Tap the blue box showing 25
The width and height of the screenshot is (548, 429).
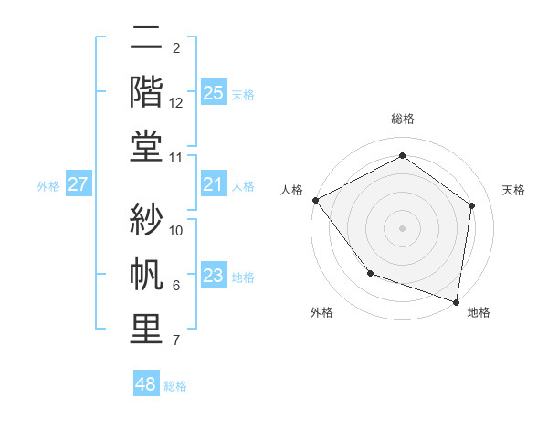click(213, 92)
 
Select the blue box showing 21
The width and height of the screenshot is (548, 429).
click(213, 185)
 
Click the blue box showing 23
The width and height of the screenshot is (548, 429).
click(213, 277)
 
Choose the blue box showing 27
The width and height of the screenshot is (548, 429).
click(78, 185)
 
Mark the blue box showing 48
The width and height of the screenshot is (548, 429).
click(145, 384)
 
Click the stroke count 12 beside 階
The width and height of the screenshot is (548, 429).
click(176, 103)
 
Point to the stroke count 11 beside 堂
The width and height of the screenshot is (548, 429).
click(176, 158)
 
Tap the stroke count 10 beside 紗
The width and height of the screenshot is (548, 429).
click(176, 230)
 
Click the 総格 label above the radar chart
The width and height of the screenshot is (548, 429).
click(402, 119)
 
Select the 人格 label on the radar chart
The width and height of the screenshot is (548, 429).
click(292, 189)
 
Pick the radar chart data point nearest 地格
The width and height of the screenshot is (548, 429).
click(456, 301)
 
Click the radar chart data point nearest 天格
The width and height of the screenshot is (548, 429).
click(471, 205)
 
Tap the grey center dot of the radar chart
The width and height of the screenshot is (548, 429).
click(402, 227)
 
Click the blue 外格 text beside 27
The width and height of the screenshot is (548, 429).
click(48, 186)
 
